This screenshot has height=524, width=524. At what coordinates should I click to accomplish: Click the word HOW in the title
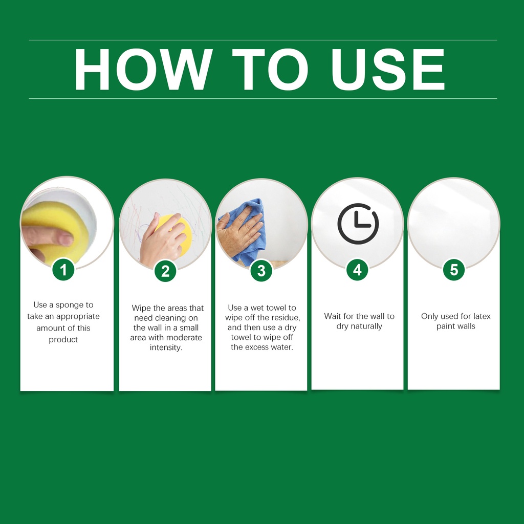[x=143, y=69]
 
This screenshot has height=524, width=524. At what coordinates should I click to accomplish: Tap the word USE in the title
[x=388, y=69]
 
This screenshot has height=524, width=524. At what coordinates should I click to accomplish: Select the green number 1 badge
[x=63, y=270]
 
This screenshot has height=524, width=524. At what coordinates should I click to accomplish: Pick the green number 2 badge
[x=165, y=271]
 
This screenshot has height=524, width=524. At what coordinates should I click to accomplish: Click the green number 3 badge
[x=261, y=270]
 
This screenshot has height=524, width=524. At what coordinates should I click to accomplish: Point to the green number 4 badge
[x=357, y=270]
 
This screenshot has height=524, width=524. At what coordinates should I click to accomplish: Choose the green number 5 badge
[x=454, y=269]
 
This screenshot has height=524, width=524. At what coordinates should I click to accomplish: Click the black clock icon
[x=358, y=224]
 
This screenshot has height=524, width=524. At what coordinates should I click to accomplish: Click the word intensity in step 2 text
[x=166, y=347]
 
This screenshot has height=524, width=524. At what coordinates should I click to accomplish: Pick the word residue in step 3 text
[x=286, y=317]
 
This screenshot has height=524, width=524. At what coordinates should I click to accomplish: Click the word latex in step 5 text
[x=482, y=316]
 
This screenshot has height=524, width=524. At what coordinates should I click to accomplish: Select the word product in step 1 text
[x=63, y=340]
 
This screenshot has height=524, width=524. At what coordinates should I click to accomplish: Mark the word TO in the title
[x=270, y=69]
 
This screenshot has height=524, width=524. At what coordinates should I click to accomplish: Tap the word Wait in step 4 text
[x=332, y=316]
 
